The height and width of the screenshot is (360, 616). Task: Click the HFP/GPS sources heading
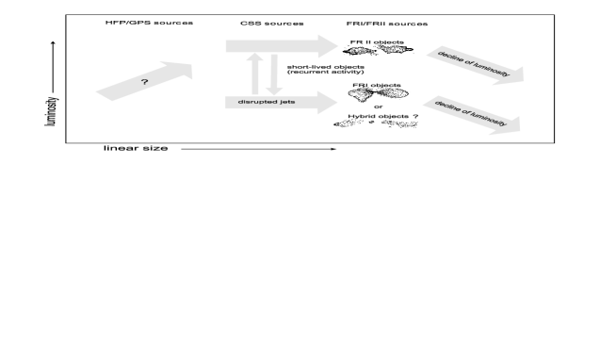tap(149, 23)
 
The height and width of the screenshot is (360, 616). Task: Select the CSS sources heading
tap(272, 24)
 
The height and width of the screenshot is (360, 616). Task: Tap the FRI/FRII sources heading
tap(387, 24)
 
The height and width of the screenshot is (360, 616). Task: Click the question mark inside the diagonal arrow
tap(144, 82)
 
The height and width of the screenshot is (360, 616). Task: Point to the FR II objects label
tap(377, 42)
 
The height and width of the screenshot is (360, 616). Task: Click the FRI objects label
tap(377, 85)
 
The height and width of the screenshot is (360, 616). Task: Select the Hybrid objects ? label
tap(383, 116)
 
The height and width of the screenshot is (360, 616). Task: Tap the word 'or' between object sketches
tap(379, 106)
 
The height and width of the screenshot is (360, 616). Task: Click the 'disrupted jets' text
tap(267, 102)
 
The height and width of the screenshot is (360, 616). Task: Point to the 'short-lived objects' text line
tap(326, 67)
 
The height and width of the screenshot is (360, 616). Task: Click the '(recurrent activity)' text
tap(326, 72)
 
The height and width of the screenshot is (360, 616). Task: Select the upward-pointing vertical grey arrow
tap(254, 74)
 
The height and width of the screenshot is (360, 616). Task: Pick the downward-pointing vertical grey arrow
tap(274, 74)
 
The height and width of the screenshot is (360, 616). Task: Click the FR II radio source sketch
tap(378, 50)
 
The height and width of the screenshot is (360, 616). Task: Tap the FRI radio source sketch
tap(378, 94)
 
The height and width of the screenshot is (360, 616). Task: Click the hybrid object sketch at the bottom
tap(376, 123)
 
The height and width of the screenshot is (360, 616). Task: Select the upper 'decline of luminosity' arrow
tap(476, 65)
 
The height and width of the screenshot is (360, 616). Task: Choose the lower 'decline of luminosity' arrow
tap(472, 115)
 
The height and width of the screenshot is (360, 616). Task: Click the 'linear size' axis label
tap(136, 148)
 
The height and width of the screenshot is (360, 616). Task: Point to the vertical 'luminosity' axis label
tap(52, 111)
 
